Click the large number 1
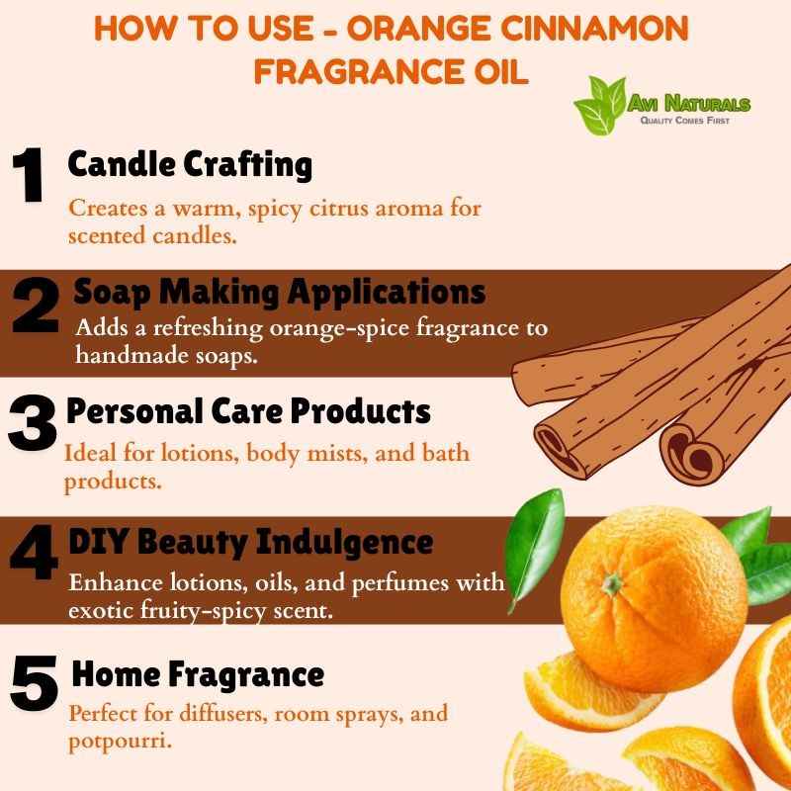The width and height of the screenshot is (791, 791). [29, 175]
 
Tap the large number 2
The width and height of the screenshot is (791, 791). [36, 305]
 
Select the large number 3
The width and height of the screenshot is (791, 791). [32, 423]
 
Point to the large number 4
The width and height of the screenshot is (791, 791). [34, 552]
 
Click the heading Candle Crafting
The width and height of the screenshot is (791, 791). [190, 165]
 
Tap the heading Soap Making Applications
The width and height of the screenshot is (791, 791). [279, 292]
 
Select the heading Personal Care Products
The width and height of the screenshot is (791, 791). [248, 411]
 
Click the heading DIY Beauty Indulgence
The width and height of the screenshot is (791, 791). [251, 542]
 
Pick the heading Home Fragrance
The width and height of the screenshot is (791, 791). [198, 674]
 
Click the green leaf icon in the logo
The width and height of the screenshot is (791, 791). [600, 106]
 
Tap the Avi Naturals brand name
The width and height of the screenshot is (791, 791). [688, 104]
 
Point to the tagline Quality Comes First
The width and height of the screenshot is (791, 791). [684, 120]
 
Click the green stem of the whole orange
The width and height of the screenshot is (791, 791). [612, 584]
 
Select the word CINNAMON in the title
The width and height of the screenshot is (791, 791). [594, 29]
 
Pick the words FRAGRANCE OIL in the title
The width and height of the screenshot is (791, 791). [391, 71]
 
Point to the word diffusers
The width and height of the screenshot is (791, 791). [224, 713]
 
